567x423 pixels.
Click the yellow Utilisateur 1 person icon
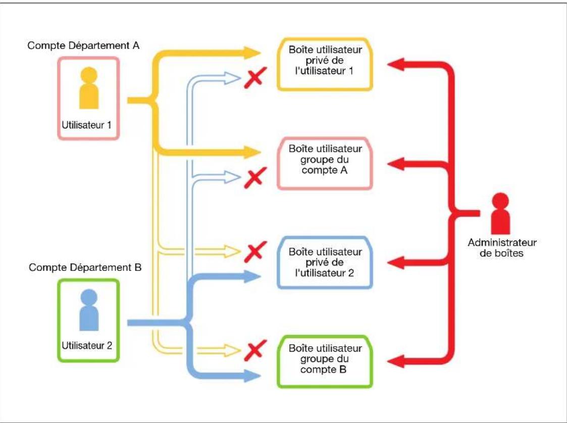coord(89,88)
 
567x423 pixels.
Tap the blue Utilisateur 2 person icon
coord(89,310)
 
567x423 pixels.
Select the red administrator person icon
coord(500,213)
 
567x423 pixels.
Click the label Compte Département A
coord(83,45)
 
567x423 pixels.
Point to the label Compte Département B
coord(85,267)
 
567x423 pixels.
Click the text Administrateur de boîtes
coord(502,248)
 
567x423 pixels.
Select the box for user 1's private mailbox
coord(325,64)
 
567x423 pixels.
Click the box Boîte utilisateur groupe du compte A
coord(325,163)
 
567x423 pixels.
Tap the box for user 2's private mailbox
coord(325,262)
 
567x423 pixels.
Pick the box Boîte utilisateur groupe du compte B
coord(325,361)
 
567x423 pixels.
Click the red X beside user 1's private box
coord(255,77)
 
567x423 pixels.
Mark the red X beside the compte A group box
coord(255,177)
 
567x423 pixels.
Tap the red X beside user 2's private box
coord(255,252)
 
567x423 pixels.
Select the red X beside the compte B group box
coord(255,350)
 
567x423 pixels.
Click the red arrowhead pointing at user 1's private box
coord(396,64)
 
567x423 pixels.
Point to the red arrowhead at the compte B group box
coord(396,361)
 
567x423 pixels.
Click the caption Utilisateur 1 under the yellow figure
coord(86,125)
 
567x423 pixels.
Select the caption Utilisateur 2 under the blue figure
coord(87,346)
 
